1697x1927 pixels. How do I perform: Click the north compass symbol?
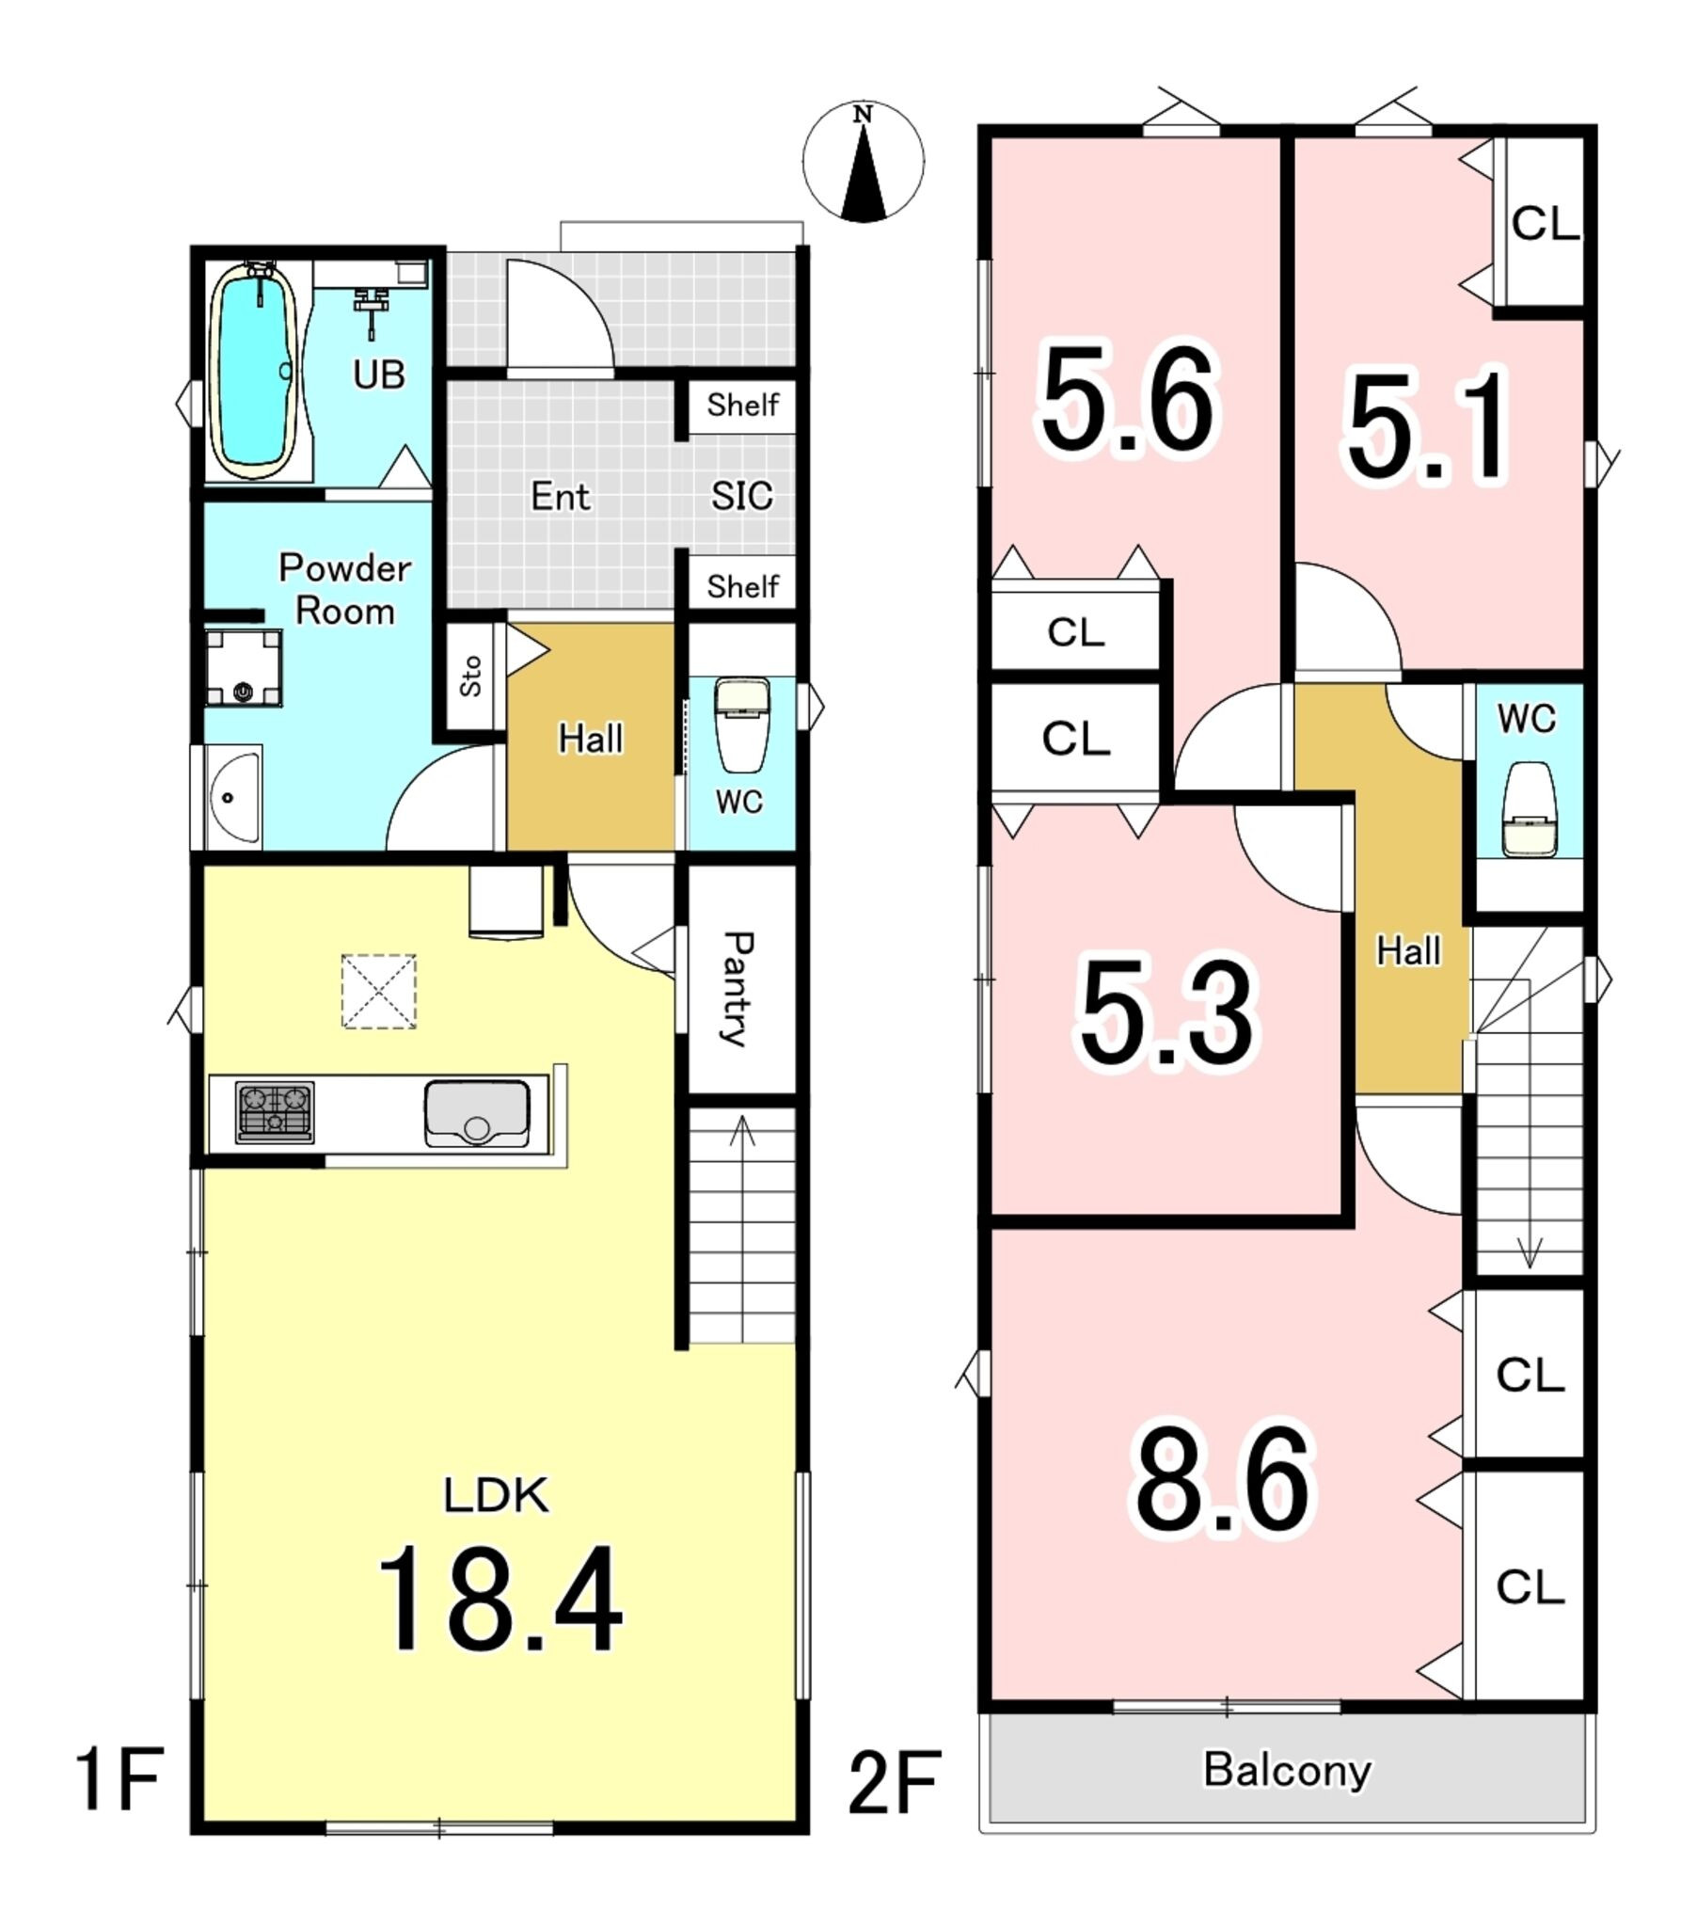tap(863, 161)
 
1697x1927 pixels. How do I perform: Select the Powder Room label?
tap(345, 589)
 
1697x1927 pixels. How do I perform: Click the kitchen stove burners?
tap(275, 1111)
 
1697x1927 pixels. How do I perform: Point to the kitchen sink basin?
tap(477, 1113)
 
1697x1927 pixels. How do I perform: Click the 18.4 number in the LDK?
tap(500, 1600)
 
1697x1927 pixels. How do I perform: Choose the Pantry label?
tap(737, 988)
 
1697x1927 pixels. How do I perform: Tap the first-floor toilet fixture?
tap(743, 725)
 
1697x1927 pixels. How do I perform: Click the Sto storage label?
tap(470, 676)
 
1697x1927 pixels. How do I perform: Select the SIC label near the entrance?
tap(742, 496)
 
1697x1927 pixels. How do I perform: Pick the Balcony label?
tap(1287, 1770)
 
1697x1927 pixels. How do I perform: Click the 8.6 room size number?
tap(1223, 1481)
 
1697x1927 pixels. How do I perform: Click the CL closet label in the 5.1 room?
tap(1545, 224)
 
